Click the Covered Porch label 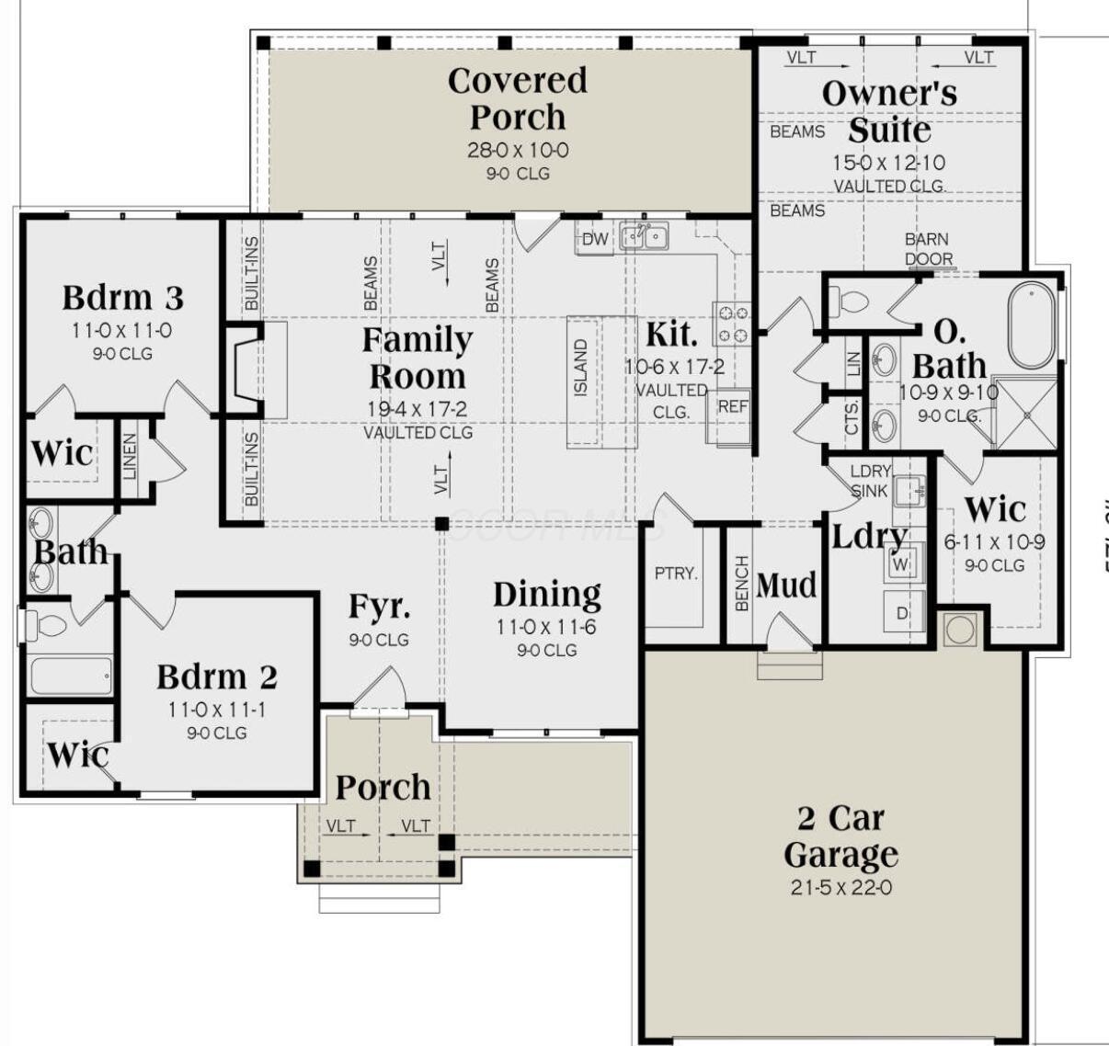(x=517, y=98)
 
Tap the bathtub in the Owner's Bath (x=1032, y=324)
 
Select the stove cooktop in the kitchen (x=732, y=324)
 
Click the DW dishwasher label (x=595, y=240)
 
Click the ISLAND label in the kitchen (x=581, y=369)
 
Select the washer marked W (x=900, y=563)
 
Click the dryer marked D (x=901, y=612)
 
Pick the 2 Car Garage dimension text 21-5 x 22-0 (x=840, y=888)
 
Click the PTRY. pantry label (x=676, y=574)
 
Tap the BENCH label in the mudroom (x=742, y=583)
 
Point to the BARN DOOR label (x=927, y=249)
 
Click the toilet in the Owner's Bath (x=851, y=301)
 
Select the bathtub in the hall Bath (x=71, y=676)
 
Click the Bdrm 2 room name (x=216, y=677)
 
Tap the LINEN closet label (x=130, y=457)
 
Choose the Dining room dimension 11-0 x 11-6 (x=547, y=628)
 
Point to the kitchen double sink (x=644, y=236)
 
